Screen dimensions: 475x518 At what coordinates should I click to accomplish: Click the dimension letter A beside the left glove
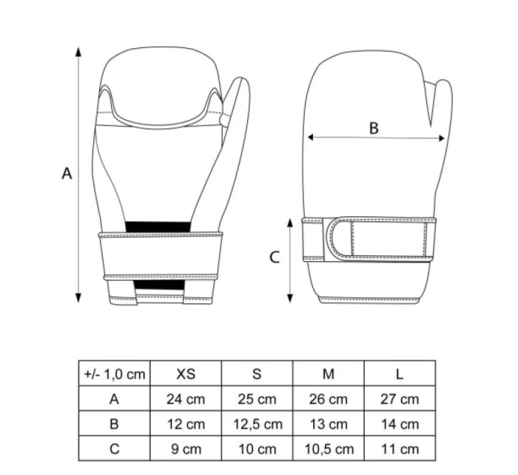point(67,173)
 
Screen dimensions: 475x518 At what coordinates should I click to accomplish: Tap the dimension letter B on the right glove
point(374,128)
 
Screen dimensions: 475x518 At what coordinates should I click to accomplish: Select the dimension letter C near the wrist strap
point(274,257)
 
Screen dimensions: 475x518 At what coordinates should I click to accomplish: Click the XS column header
point(186,374)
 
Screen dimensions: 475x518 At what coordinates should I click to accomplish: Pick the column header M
point(329,374)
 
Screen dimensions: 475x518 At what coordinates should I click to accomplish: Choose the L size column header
point(400,374)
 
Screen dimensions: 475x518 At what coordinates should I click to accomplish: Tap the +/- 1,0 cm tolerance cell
point(114,374)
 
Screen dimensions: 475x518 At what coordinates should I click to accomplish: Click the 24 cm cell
point(186,399)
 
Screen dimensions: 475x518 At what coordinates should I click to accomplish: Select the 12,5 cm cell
point(257,424)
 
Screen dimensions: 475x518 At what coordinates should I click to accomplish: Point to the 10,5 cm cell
point(329,449)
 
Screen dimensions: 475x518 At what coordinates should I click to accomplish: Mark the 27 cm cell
point(400,399)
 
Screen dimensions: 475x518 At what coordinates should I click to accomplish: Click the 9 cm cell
point(186,449)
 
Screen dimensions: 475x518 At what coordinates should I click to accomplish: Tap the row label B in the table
point(114,424)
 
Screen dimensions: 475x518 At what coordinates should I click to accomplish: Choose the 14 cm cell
point(400,424)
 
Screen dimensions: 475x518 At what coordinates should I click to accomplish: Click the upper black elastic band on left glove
point(158,226)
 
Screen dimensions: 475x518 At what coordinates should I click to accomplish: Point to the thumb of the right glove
point(438,111)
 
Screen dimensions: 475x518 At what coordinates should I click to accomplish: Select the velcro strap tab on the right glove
point(342,239)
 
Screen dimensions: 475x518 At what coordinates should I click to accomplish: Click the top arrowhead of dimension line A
point(78,50)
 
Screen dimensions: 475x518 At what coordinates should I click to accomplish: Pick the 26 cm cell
point(329,399)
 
